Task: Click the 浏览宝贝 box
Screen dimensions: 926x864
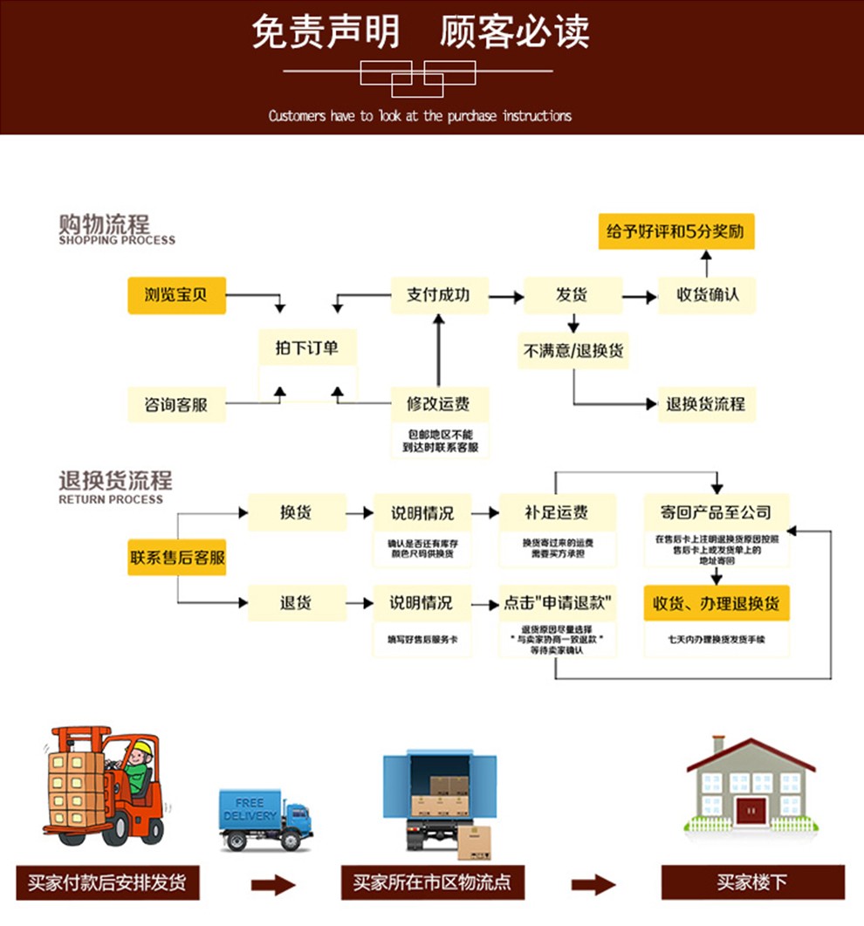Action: coord(177,295)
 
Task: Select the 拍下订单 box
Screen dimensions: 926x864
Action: coord(307,348)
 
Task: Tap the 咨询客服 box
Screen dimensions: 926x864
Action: coord(177,404)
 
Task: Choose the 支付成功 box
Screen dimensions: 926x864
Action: coord(438,295)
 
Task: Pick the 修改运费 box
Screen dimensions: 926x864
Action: coord(438,404)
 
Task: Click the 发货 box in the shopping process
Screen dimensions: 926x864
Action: coord(573,295)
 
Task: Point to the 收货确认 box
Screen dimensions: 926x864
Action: coord(707,295)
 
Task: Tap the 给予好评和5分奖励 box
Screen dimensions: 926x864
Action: coord(675,232)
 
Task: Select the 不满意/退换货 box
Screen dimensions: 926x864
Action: coord(573,351)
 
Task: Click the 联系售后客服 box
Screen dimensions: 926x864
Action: coord(177,557)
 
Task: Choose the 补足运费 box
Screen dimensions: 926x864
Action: coord(557,512)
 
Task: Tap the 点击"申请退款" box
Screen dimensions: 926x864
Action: coord(557,603)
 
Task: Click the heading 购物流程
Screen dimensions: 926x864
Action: coord(105,223)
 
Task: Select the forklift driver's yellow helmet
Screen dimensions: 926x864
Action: coord(141,747)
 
